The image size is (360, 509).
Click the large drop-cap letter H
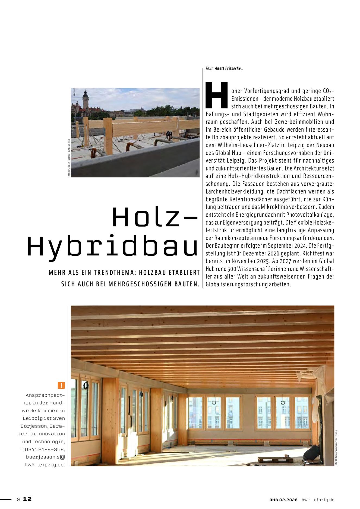(x=216, y=95)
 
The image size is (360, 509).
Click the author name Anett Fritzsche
(x=228, y=68)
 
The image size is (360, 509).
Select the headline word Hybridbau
(x=113, y=246)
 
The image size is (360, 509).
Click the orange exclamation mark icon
(x=61, y=385)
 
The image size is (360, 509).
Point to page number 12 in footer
(x=27, y=499)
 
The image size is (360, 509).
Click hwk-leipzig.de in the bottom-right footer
(x=318, y=500)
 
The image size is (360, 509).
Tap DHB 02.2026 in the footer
(x=283, y=500)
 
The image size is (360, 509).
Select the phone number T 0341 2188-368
(x=43, y=449)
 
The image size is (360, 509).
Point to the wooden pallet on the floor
(x=275, y=459)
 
